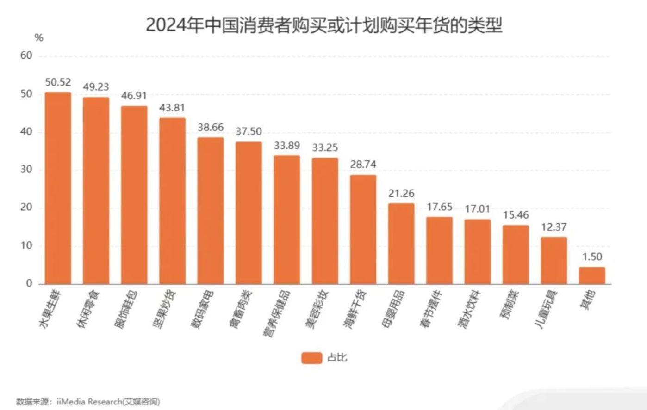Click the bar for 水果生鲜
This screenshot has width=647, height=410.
pyautogui.click(x=58, y=188)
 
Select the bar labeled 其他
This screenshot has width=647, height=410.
pyautogui.click(x=591, y=275)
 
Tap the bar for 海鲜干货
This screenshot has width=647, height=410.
pyautogui.click(x=363, y=229)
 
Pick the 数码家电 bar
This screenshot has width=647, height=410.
pyautogui.click(x=211, y=210)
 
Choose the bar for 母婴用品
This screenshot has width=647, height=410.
pyautogui.click(x=401, y=244)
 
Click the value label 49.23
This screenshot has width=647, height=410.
pyautogui.click(x=96, y=87)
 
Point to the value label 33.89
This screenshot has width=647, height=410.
pyautogui.click(x=287, y=146)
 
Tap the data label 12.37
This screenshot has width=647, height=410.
pyautogui.click(x=554, y=227)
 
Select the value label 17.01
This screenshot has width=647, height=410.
pyautogui.click(x=477, y=209)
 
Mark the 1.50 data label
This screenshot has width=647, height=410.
pyautogui.click(x=592, y=257)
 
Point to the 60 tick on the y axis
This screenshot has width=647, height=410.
pyautogui.click(x=26, y=56)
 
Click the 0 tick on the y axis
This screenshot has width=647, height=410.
pyautogui.click(x=29, y=283)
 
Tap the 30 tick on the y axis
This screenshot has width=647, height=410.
pyautogui.click(x=26, y=170)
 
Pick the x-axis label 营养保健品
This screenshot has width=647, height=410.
pyautogui.click(x=277, y=313)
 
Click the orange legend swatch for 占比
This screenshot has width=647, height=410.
pyautogui.click(x=311, y=358)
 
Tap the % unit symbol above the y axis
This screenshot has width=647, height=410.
pyautogui.click(x=39, y=37)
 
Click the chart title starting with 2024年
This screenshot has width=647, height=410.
pyautogui.click(x=323, y=25)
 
